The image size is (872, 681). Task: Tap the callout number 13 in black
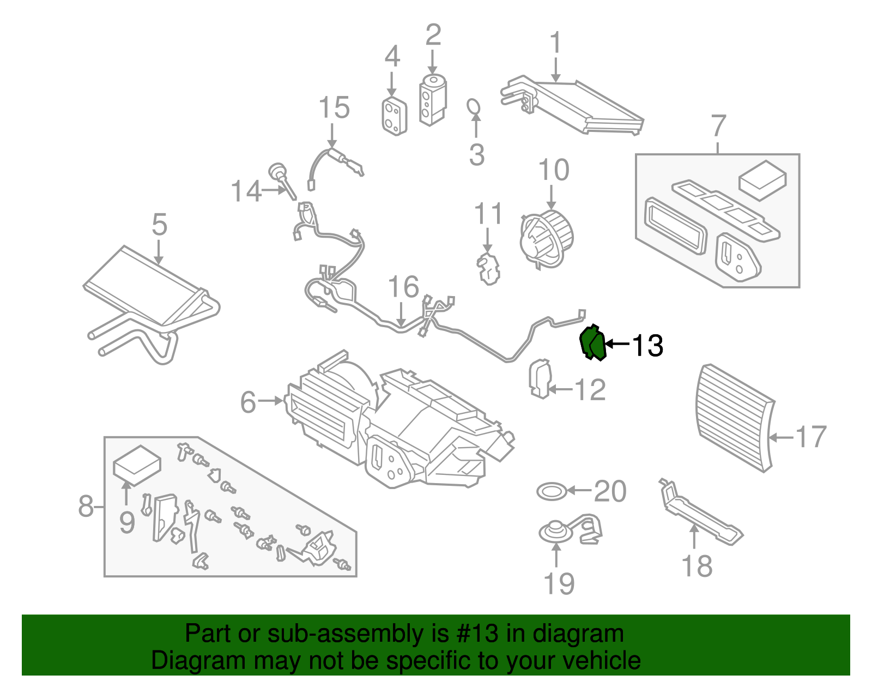click(647, 345)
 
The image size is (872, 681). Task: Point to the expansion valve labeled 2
click(433, 101)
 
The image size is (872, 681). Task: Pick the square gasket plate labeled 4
click(393, 116)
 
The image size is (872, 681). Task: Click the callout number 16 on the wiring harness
click(403, 287)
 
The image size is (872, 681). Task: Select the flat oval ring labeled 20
click(552, 492)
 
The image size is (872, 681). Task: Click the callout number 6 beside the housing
click(248, 402)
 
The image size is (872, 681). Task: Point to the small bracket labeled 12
click(540, 378)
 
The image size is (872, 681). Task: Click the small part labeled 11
click(488, 268)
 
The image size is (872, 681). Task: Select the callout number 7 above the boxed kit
click(718, 126)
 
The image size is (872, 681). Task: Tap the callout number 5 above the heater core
click(159, 224)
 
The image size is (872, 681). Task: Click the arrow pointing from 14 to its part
click(274, 190)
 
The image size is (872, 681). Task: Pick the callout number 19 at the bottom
click(559, 584)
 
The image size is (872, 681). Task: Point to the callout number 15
click(334, 107)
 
